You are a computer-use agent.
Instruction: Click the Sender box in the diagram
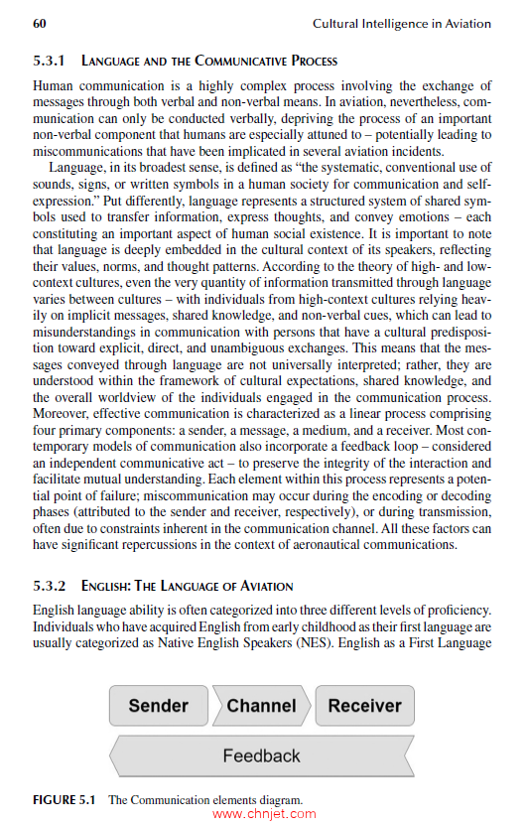158,706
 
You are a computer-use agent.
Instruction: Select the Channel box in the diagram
261,706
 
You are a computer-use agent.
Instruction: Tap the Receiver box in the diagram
364,706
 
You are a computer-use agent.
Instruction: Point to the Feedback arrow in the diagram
261,756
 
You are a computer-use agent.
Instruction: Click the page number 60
41,23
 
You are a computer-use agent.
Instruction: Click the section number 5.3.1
52,61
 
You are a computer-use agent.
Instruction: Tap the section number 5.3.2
52,587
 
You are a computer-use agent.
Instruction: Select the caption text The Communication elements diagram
204,799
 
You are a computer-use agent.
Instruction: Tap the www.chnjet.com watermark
263,814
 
